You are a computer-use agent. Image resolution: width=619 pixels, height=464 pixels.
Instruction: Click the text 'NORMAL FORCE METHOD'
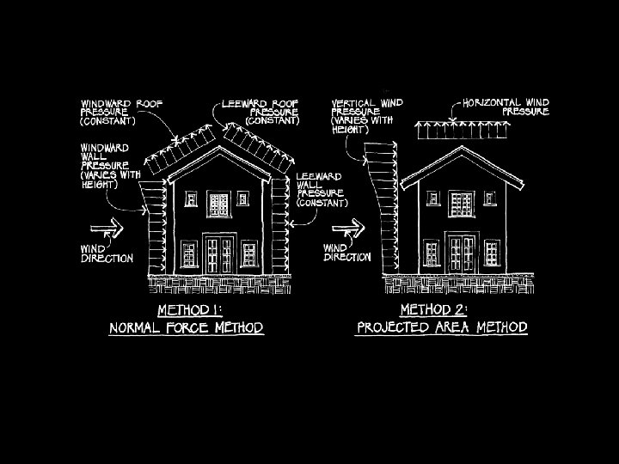point(185,328)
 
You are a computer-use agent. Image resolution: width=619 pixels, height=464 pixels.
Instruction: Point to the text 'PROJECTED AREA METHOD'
point(441,327)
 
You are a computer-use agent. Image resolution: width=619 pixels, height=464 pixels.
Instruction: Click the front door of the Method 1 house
point(218,255)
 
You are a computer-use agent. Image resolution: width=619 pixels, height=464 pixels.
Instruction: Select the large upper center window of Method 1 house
point(218,205)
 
